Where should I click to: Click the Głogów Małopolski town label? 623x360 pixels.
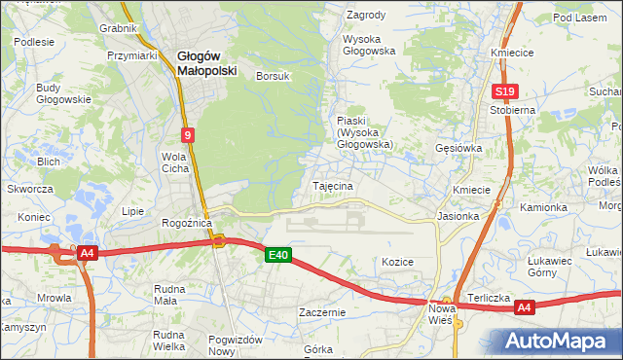(201, 63)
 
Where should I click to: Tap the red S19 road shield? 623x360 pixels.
(503, 92)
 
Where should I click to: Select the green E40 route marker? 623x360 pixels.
(278, 255)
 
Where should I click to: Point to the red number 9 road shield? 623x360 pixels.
(186, 135)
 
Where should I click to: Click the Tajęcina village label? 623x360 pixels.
(332, 185)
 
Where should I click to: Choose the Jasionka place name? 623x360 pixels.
(458, 216)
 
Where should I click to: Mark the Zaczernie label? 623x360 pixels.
(323, 312)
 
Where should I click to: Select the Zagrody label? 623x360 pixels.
(366, 16)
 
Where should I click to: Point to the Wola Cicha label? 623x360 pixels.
(174, 162)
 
